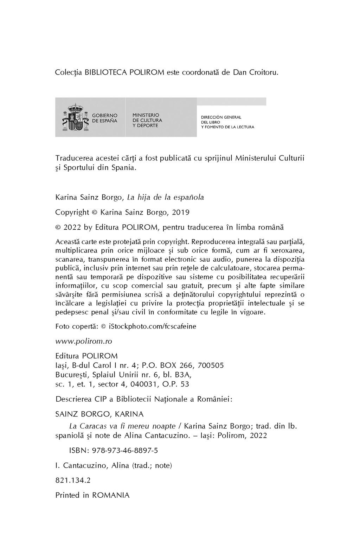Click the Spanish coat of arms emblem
tap(73, 117)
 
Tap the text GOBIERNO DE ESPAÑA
tap(104, 118)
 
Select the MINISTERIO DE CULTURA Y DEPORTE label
tap(147, 120)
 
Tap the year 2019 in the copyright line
tap(181, 212)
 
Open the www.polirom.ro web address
tap(84, 341)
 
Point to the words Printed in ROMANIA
tap(92, 495)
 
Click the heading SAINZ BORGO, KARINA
tap(99, 414)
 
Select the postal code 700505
tap(211, 365)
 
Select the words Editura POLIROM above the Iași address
tap(86, 356)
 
